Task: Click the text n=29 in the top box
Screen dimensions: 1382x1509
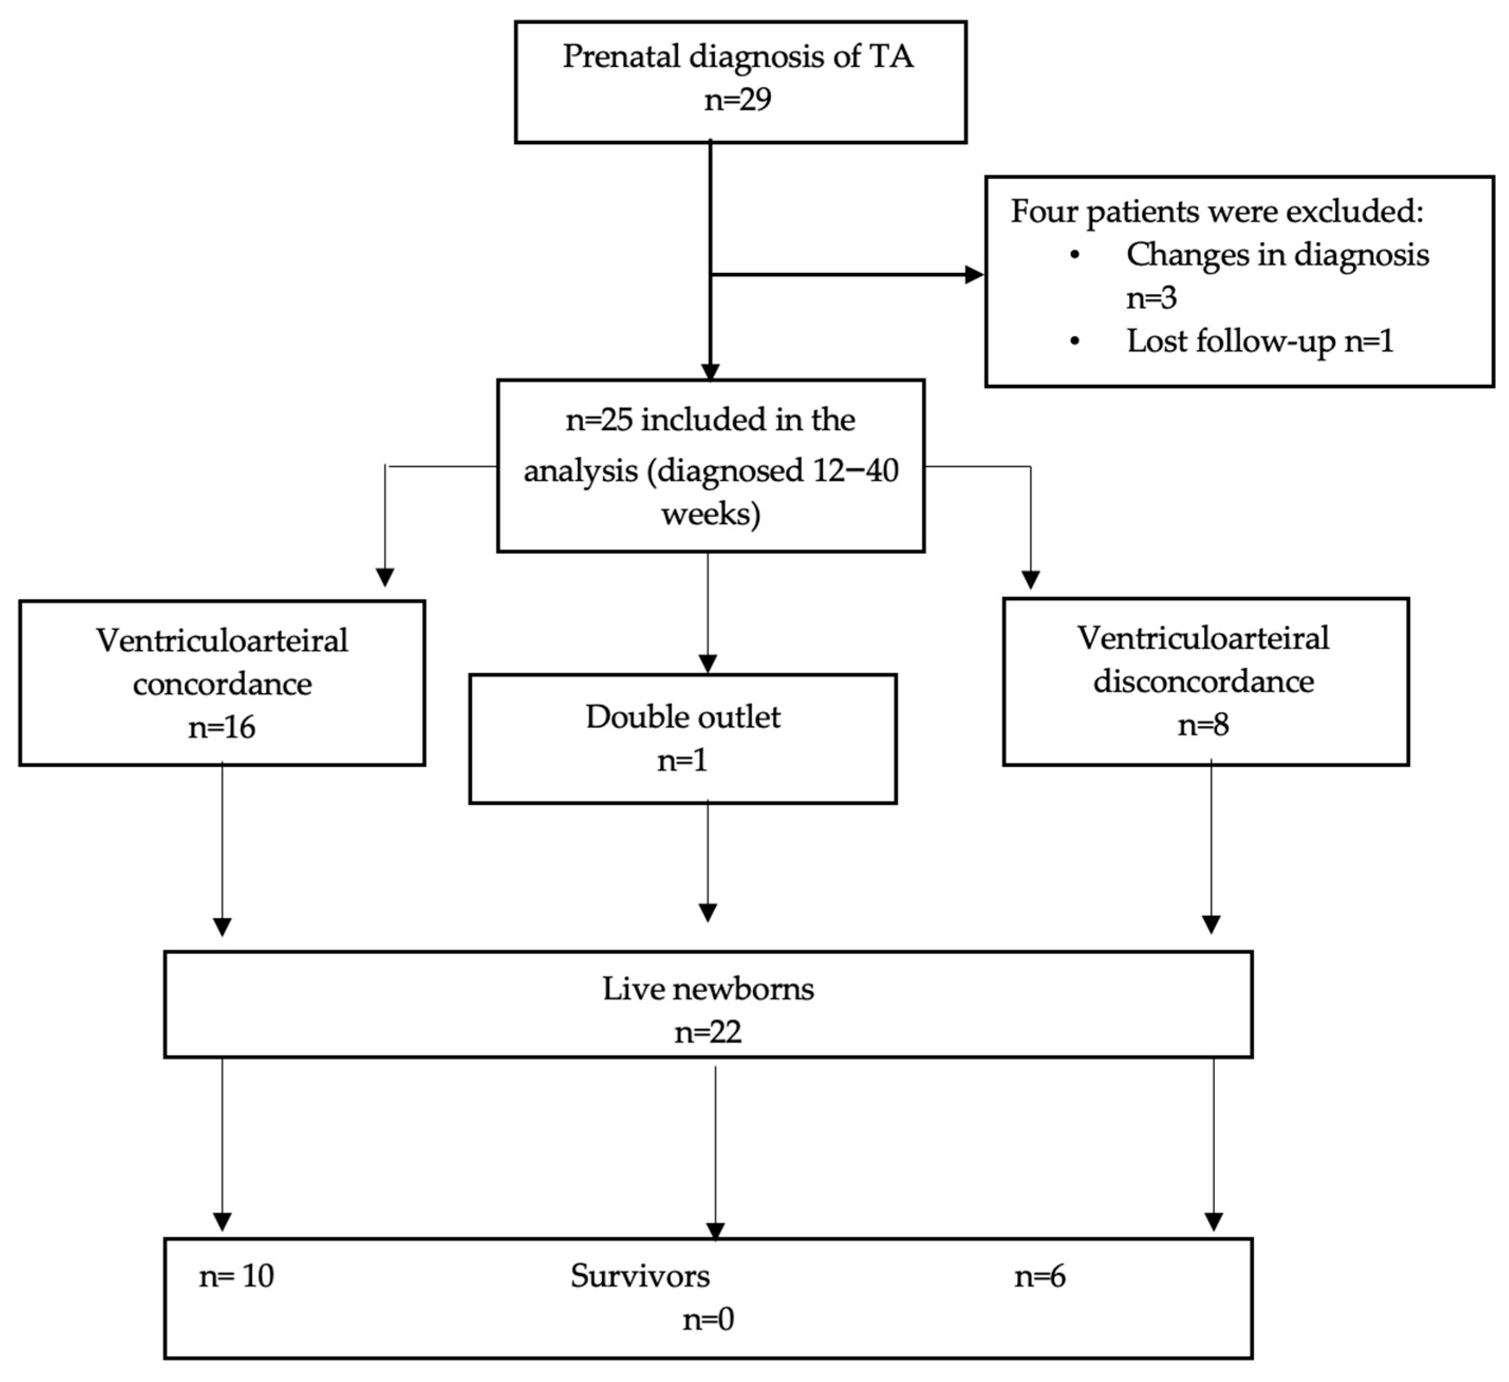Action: [737, 100]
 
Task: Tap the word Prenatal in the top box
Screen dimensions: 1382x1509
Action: [621, 57]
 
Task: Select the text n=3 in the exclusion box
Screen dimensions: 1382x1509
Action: [1151, 298]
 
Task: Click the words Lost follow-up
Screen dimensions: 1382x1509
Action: [1231, 341]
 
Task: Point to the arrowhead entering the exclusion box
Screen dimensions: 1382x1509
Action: [974, 274]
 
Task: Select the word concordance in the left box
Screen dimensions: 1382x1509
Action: [222, 684]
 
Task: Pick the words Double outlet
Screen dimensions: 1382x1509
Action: [682, 717]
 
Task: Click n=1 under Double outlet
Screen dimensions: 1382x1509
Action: [682, 760]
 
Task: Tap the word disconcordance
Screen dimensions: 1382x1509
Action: [1204, 681]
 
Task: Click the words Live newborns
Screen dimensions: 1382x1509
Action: [708, 989]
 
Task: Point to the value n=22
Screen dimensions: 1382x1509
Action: [708, 1032]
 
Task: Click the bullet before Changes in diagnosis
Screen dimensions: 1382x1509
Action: [1075, 255]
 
